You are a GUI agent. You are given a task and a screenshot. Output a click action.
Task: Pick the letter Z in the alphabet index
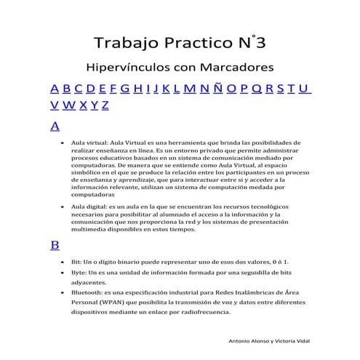point(105,105)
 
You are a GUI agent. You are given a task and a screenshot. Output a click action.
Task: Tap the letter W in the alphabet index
point(69,105)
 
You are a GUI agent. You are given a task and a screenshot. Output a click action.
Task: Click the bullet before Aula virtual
point(63,143)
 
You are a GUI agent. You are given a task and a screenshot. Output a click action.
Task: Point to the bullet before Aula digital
point(63,207)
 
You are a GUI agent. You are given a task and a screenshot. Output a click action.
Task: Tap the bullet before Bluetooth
point(63,292)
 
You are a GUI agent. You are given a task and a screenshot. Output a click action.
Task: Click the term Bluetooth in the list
point(84,292)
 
